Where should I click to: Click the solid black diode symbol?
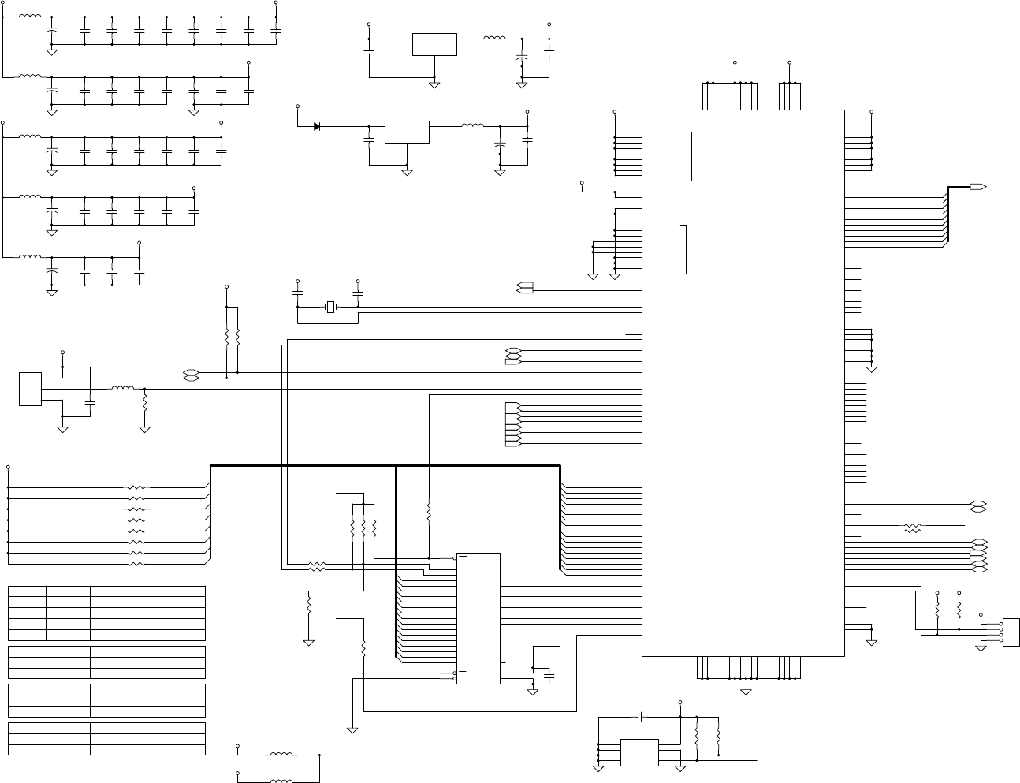tap(316, 126)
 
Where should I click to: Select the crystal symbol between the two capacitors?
tap(331, 306)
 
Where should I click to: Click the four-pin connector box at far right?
tap(1011, 631)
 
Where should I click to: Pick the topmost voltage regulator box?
tap(434, 45)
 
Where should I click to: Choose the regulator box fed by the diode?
tap(407, 132)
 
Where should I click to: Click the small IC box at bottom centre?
tap(639, 752)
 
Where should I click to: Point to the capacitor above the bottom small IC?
tap(640, 717)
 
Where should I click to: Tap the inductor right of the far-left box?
tap(122, 388)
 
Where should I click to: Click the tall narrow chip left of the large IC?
tap(478, 618)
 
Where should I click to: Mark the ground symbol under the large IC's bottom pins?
tap(746, 692)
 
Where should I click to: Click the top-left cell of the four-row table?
tap(27, 591)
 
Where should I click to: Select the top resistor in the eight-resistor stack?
tap(136, 488)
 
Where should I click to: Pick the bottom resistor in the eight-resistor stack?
tap(136, 565)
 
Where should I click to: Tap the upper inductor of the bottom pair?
tap(281, 755)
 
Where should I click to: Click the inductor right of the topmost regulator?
tap(494, 38)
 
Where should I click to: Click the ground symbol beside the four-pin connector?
tap(981, 646)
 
